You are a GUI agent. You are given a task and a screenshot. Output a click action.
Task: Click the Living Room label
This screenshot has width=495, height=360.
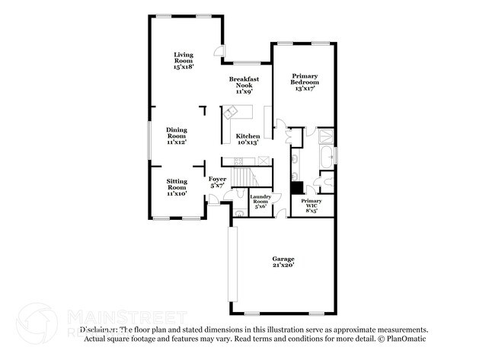[183, 61]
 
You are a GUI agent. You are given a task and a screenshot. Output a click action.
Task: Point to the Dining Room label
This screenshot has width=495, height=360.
[177, 135]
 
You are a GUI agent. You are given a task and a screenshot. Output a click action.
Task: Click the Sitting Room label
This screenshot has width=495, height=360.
[177, 187]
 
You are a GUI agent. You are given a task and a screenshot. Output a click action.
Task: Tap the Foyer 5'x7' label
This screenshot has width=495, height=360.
[218, 182]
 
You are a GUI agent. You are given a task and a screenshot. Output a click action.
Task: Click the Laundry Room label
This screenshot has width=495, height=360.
[260, 201]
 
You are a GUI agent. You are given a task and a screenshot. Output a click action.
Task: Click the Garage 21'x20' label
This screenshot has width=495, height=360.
[283, 262]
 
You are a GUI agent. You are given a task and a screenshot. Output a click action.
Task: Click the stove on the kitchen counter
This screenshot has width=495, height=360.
[263, 161]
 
